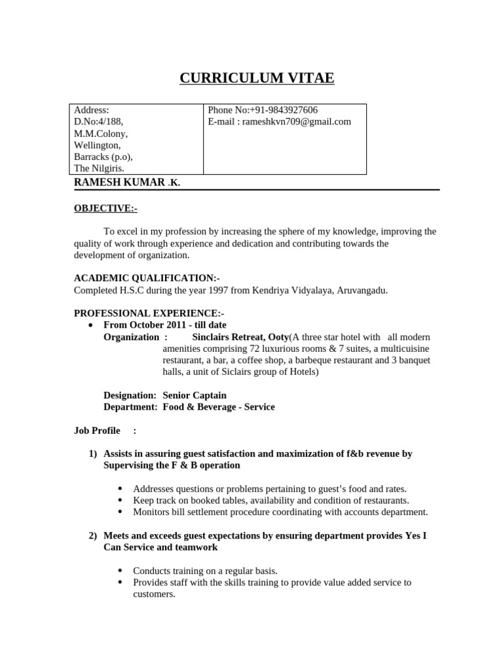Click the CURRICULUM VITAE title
click(257, 79)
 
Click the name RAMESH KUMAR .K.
click(126, 182)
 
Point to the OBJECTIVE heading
click(105, 208)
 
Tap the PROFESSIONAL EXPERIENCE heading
click(149, 313)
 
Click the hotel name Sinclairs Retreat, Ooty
click(240, 337)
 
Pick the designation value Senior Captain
click(195, 395)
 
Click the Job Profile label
click(97, 431)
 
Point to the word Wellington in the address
click(97, 145)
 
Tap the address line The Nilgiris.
click(99, 168)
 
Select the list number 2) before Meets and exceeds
click(92, 535)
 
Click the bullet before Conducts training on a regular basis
click(121, 570)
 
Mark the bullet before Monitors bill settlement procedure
click(121, 512)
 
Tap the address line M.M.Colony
click(101, 134)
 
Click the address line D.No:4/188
click(98, 122)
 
